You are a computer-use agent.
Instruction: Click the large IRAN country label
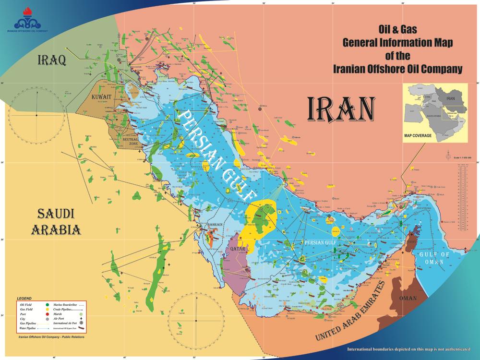[340, 109]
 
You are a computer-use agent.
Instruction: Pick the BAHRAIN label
[214, 225]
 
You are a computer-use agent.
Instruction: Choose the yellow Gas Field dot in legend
[47, 310]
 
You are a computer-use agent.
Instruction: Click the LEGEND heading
[24, 299]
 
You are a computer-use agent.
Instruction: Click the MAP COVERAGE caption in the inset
[418, 136]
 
